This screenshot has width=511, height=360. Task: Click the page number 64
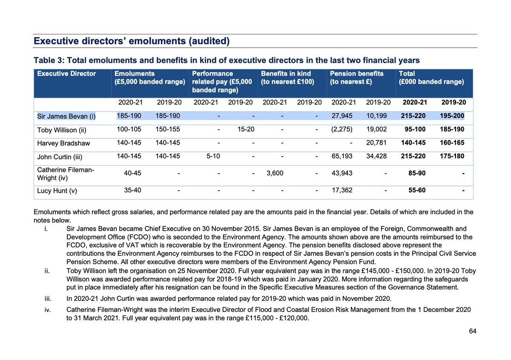tap(472, 331)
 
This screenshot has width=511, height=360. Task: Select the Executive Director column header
tap(66, 74)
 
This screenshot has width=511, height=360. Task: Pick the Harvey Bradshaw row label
tap(63, 143)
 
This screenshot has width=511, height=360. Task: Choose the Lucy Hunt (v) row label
tap(57, 191)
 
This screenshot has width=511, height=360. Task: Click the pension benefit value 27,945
tap(342, 115)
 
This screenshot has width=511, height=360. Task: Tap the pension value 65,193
tap(342, 157)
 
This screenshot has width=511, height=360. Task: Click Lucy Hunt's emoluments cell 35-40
tap(132, 191)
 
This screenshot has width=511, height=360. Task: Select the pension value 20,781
tap(377, 143)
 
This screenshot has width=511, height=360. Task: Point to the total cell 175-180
tap(453, 157)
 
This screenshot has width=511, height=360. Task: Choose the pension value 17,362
tap(342, 191)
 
